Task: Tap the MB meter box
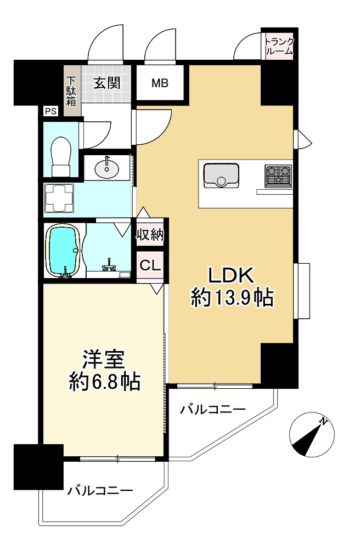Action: (x=160, y=84)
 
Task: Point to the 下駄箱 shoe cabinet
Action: (x=71, y=90)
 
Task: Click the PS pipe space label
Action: (x=50, y=111)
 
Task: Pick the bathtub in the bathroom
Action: (x=65, y=250)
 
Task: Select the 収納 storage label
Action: (x=150, y=235)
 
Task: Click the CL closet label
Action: (x=150, y=265)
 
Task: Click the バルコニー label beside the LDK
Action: (x=212, y=409)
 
